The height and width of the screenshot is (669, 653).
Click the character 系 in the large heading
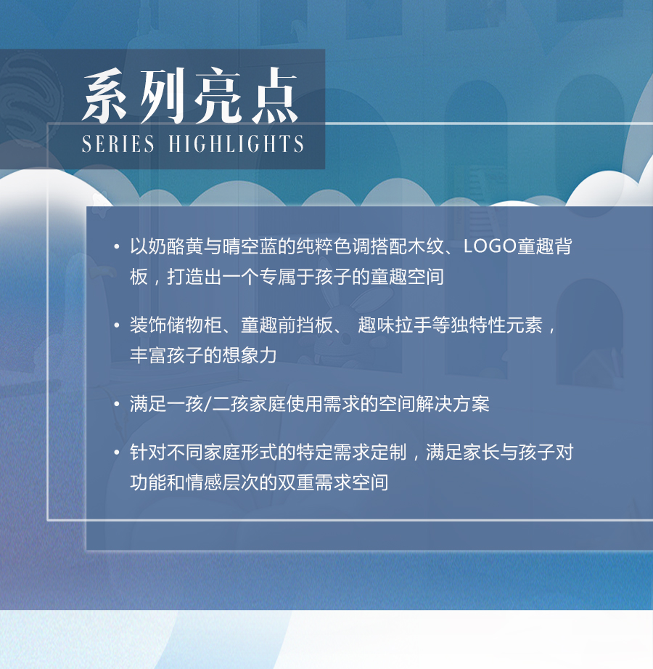[x=105, y=96]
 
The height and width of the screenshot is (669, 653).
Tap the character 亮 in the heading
[x=218, y=96]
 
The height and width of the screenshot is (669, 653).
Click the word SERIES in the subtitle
[x=118, y=144]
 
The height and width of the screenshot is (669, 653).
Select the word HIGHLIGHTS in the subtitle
[x=236, y=144]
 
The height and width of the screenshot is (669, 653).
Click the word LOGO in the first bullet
[x=490, y=246]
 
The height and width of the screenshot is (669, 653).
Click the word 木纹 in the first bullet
[x=425, y=246]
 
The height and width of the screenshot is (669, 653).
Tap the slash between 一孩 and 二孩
[x=208, y=404]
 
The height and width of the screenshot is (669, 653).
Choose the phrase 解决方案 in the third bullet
[x=453, y=404]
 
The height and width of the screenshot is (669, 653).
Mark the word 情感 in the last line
[x=203, y=482]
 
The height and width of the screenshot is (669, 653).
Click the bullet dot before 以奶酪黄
[x=116, y=247]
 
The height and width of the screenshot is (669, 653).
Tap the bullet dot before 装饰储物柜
[x=116, y=325]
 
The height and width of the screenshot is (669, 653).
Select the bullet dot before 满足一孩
[x=116, y=405]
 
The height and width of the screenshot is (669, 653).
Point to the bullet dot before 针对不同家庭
[x=116, y=453]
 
